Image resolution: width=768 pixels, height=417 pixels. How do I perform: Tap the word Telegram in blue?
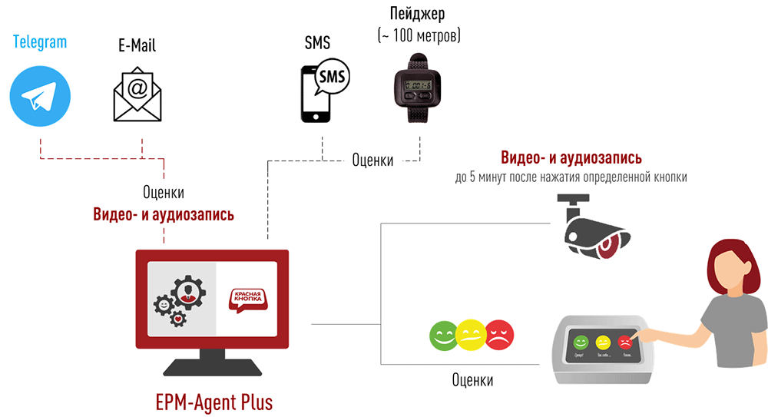tap(40, 41)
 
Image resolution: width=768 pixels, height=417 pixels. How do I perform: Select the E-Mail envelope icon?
tap(137, 95)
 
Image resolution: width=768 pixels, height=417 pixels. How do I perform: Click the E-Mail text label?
tap(137, 45)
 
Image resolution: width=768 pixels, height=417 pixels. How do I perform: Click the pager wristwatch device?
tap(419, 88)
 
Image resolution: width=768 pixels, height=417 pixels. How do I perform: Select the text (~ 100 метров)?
tap(419, 35)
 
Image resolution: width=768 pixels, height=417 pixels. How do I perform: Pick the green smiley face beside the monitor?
tap(444, 335)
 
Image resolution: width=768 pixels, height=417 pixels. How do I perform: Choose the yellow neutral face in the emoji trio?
tap(471, 334)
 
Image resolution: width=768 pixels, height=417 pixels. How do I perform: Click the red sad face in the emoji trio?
tap(499, 335)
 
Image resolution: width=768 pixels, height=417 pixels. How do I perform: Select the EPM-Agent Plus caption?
tap(214, 402)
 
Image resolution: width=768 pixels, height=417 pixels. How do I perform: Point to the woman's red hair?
tap(730, 261)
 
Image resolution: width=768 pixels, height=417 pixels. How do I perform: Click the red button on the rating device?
tap(625, 341)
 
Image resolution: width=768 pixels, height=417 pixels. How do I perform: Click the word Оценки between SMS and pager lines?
tap(372, 160)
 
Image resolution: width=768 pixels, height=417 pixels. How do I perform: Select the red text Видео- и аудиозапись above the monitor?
tap(164, 215)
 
